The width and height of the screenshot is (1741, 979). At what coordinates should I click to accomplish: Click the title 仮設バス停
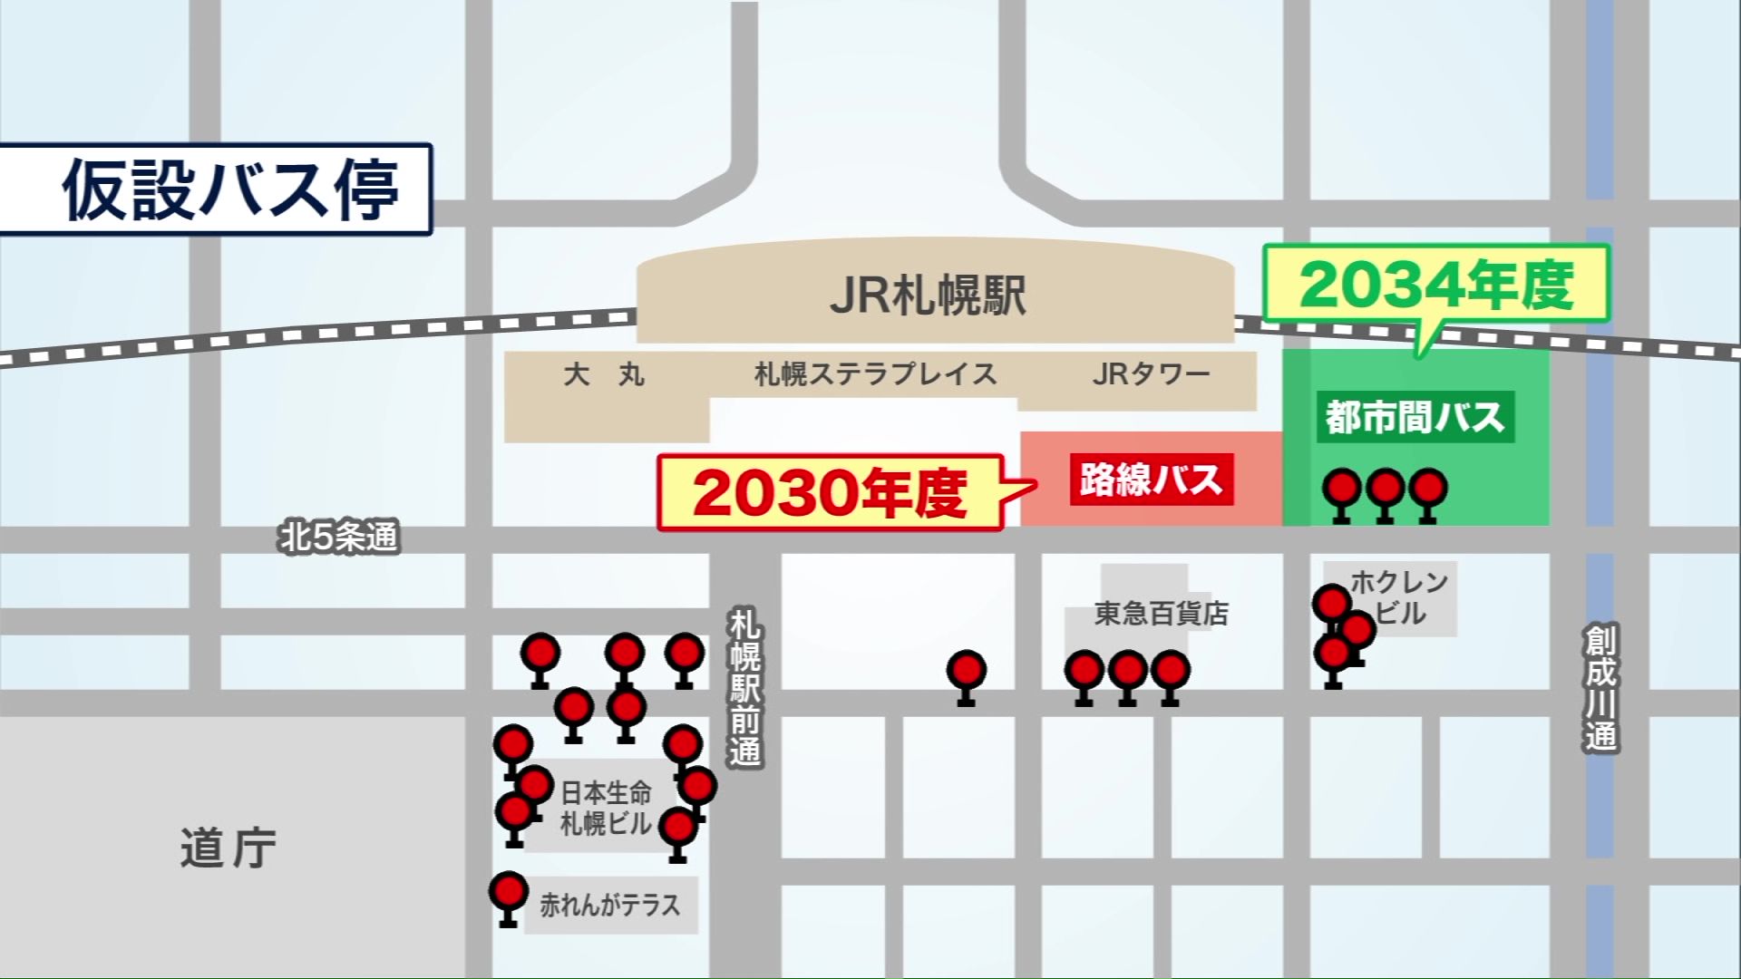pos(230,190)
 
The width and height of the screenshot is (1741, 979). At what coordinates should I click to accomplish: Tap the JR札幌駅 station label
pos(928,296)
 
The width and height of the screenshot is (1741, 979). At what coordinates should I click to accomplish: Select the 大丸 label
pos(604,374)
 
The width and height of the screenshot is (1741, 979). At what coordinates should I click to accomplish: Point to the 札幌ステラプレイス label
pos(875,374)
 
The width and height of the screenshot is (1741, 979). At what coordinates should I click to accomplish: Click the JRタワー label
pos(1151,374)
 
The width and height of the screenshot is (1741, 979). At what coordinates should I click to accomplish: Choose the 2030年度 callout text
pos(829,494)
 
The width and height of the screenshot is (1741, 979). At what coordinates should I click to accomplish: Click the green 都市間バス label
pos(1415,418)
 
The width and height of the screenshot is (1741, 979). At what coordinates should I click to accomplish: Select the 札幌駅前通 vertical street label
pos(745,688)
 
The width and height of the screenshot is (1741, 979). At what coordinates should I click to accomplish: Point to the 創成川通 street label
pos(1600,688)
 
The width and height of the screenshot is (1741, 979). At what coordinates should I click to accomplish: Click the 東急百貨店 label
pos(1161,614)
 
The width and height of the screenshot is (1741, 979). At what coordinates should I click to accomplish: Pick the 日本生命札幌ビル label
pos(606,809)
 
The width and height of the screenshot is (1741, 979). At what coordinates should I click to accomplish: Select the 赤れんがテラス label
pos(609,905)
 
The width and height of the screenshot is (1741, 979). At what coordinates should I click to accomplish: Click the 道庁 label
pos(228,849)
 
